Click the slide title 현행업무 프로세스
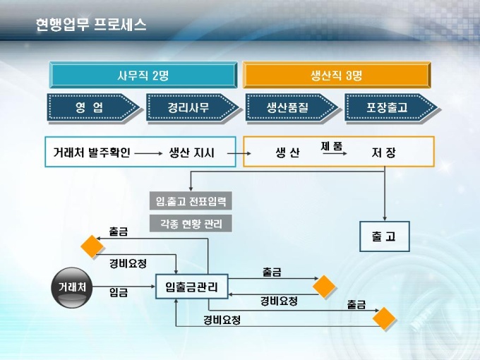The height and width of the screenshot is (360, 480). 91,25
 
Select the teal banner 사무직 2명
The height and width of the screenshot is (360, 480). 142,75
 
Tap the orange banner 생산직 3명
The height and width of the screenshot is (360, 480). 336,75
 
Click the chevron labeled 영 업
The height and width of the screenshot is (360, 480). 92,108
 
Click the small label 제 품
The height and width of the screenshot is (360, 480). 332,145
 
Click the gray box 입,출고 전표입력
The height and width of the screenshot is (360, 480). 191,201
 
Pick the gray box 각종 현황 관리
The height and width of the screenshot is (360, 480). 191,224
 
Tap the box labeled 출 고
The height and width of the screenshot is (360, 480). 384,236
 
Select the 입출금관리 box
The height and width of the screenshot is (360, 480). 191,287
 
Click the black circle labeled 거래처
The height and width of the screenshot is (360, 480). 72,287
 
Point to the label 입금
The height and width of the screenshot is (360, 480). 119,292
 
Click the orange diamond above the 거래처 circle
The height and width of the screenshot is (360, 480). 92,247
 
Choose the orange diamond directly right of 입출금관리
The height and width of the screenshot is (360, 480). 325,286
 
